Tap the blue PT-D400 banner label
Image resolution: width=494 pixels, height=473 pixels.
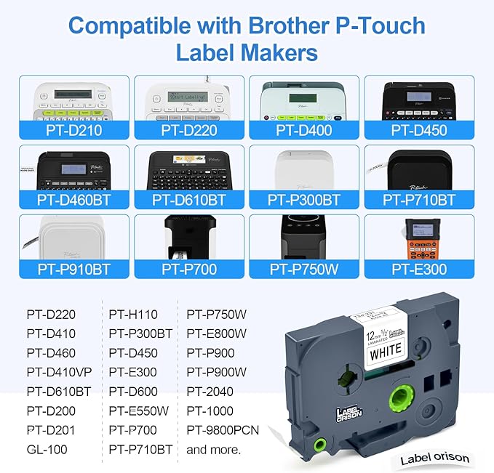(305, 131)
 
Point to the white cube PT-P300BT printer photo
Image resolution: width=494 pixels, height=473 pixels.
(305, 168)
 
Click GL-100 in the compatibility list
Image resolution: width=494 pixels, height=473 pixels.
(47, 450)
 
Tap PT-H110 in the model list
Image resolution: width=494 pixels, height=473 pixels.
(134, 315)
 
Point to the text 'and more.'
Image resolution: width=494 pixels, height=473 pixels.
(213, 450)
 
